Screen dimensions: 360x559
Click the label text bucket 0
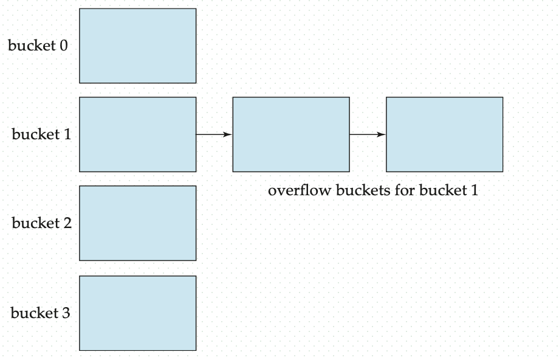tap(38, 46)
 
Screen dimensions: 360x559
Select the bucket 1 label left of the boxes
tap(41, 134)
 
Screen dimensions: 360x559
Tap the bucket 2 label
tap(41, 223)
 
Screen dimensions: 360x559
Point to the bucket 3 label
tap(40, 313)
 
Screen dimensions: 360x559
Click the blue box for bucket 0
tap(137, 46)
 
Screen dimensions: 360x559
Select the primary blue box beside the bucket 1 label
tap(137, 134)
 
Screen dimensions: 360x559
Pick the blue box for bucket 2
tap(137, 223)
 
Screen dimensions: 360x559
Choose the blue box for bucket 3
tap(137, 313)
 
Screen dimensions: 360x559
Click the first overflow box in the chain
tap(291, 134)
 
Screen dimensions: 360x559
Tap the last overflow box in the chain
tap(444, 134)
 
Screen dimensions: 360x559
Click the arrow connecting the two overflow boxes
tap(368, 134)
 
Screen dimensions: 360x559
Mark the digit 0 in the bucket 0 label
tap(64, 46)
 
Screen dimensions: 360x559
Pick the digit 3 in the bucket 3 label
tap(66, 314)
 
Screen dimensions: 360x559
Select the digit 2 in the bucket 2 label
tap(67, 224)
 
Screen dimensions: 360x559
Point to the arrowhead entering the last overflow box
tap(382, 134)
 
